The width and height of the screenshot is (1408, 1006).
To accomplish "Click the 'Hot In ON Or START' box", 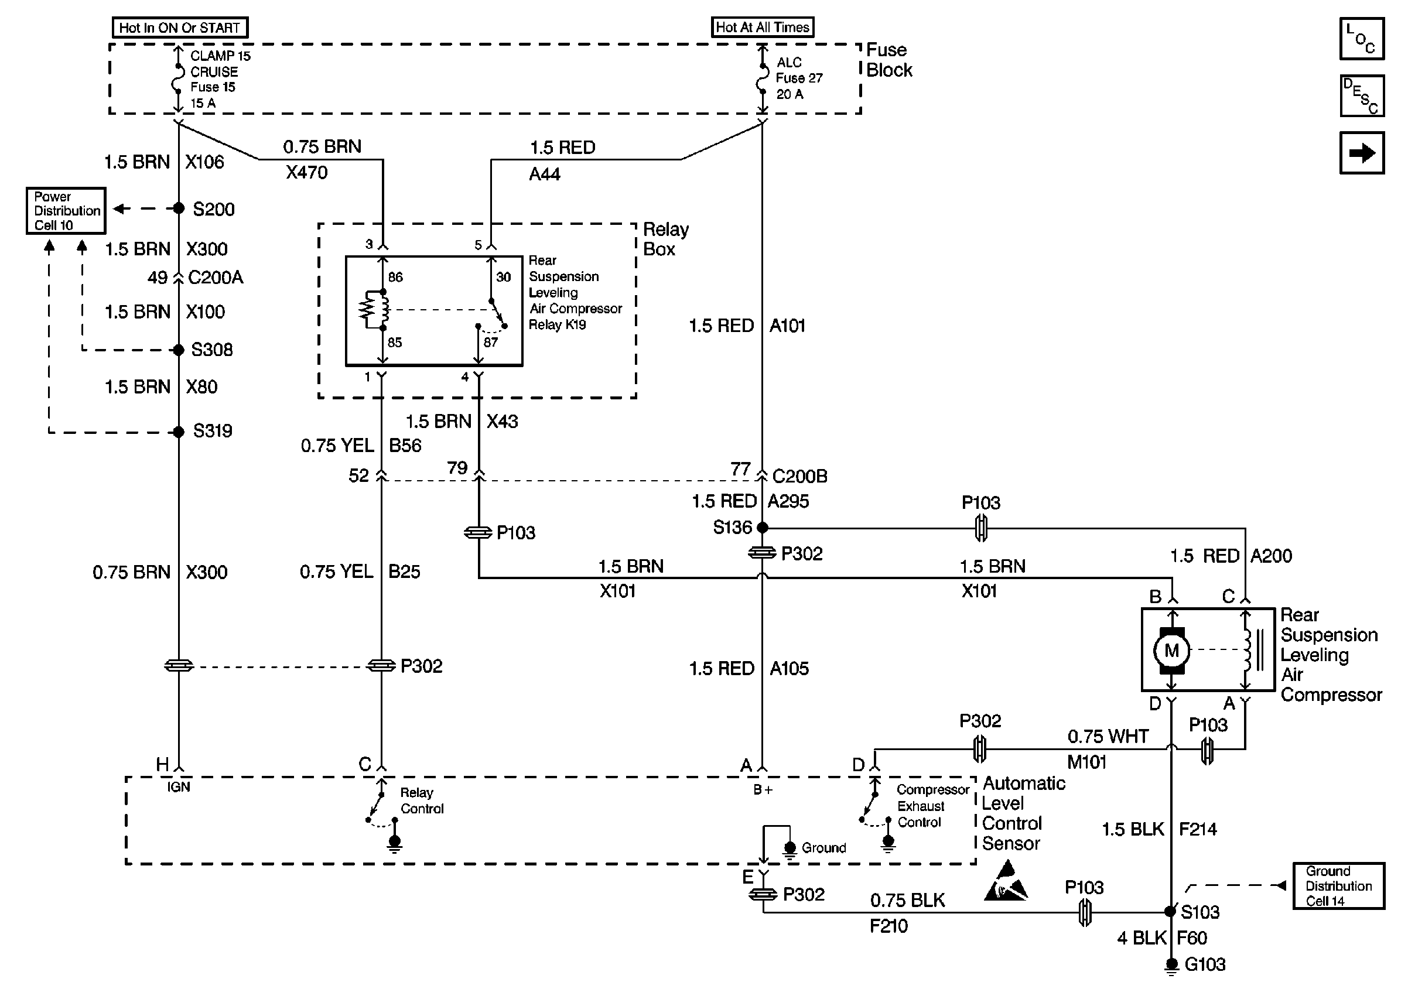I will [180, 28].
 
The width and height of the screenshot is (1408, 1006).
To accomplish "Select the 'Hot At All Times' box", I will [762, 28].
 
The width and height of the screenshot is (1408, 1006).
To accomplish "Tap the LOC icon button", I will [1362, 39].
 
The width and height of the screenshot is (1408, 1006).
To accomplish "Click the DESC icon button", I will [1362, 96].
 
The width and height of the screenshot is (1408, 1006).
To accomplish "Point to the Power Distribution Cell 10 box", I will [66, 211].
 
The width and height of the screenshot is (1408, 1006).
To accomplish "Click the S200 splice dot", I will [179, 209].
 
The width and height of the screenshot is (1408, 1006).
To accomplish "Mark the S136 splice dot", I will [763, 528].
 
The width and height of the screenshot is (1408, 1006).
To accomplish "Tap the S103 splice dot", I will [1170, 911].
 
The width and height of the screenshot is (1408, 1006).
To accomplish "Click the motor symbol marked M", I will [1171, 651].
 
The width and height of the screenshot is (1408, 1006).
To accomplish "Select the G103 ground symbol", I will [1171, 965].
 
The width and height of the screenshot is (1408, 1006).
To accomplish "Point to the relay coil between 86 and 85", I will [372, 310].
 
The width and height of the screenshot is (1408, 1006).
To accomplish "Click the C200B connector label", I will [799, 477].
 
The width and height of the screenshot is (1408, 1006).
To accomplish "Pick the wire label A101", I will [787, 326].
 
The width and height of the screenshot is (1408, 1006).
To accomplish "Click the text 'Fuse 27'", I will [799, 78].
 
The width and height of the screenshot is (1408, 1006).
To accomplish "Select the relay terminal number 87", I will [491, 342].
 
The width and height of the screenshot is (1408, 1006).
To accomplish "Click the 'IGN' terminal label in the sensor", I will [179, 788].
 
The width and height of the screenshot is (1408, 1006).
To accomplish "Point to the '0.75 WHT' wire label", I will [1108, 737].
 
